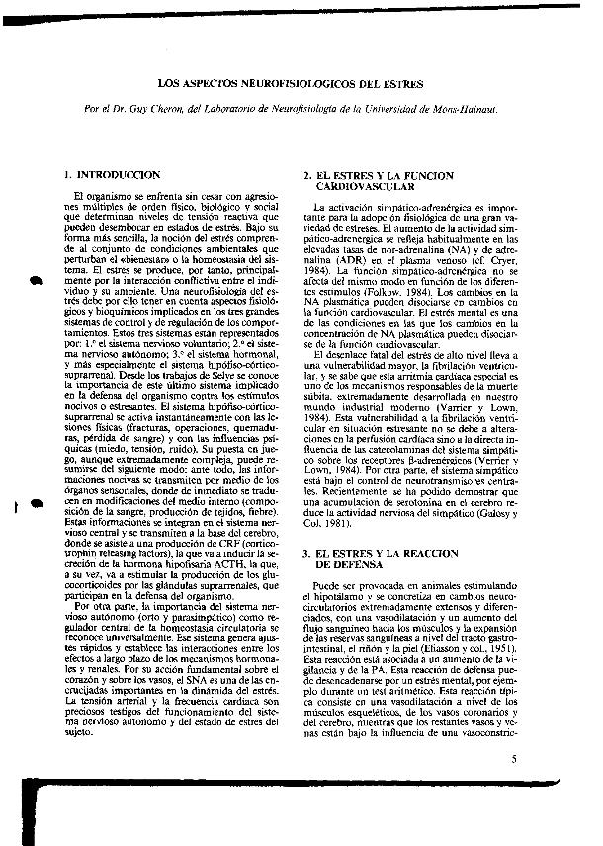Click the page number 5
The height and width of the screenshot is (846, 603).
tap(515, 759)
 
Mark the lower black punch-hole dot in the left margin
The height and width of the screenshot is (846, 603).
tap(37, 503)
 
